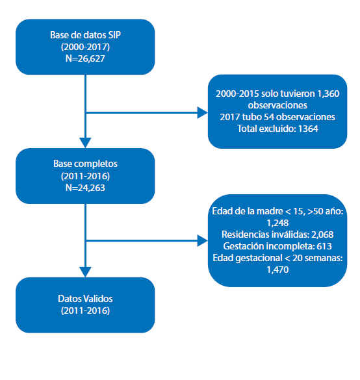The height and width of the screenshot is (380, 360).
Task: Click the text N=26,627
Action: [85, 58]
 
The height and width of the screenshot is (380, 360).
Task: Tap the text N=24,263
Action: [85, 188]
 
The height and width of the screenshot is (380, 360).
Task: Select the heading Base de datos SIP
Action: [85, 35]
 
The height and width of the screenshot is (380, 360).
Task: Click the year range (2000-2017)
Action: [85, 47]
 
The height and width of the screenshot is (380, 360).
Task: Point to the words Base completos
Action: [85, 164]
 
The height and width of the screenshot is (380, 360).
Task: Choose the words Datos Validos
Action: [85, 299]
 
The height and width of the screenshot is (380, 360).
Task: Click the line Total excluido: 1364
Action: [277, 129]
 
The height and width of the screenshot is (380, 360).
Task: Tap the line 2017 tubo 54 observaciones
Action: [277, 117]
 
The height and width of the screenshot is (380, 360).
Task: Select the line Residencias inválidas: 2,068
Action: [277, 234]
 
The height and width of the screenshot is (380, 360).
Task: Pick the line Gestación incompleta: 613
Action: [277, 246]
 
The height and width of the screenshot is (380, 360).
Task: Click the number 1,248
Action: [277, 223]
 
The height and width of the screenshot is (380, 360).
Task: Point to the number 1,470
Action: [277, 270]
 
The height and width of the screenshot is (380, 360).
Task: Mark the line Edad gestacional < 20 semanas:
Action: [277, 258]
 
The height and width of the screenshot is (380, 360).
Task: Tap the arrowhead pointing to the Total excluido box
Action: [203, 112]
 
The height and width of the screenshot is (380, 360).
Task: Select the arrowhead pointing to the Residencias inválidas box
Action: [203, 241]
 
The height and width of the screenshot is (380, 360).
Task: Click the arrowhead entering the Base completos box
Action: [85, 143]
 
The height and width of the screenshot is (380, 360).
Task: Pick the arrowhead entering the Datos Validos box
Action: [85, 272]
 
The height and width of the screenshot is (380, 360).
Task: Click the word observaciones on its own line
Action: [277, 105]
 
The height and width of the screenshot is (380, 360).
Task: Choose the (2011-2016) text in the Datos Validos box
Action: [85, 310]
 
